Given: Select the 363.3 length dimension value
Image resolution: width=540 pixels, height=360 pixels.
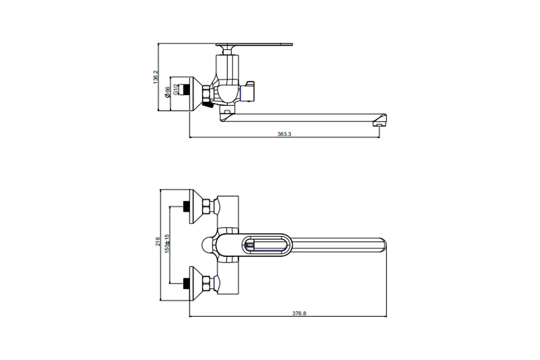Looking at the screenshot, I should point(285,134).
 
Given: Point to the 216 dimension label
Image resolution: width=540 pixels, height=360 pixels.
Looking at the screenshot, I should point(157,242).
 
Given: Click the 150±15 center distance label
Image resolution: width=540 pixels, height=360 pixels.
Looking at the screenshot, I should point(167,243).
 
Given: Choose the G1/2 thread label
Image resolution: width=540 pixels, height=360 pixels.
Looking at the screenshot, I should point(175,90).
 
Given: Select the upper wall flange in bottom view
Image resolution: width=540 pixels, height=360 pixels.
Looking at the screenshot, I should point(195,207).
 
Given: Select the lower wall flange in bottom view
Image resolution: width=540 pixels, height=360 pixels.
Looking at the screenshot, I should point(195,283).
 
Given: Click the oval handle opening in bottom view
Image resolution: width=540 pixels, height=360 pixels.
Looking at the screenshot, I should point(266,245).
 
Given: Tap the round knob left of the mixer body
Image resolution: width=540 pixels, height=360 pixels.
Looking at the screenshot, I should point(207,245).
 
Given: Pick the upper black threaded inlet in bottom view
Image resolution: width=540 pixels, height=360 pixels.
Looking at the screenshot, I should point(185,207).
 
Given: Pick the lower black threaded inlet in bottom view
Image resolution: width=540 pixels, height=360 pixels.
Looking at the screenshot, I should point(185,283).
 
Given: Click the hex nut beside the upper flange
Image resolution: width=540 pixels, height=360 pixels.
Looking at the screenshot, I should point(206,207).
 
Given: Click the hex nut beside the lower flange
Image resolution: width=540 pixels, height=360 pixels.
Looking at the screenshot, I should point(206,283).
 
